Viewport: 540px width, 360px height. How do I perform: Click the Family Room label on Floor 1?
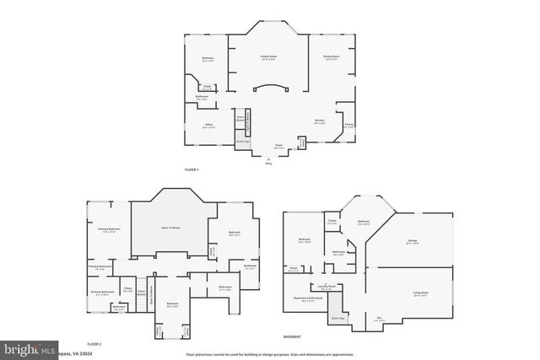tap(269, 57)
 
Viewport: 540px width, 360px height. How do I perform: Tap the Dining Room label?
tap(331, 57)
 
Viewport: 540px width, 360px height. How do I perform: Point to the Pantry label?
tap(348, 125)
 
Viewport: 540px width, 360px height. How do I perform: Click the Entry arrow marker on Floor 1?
tap(269, 160)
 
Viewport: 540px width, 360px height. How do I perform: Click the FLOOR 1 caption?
tap(192, 169)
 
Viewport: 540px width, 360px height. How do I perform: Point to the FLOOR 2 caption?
tap(94, 344)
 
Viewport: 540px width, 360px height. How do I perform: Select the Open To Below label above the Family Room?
tap(172, 228)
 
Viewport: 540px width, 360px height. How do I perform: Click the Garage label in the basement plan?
tap(413, 240)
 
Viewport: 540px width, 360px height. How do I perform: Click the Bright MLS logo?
tap(29, 347)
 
